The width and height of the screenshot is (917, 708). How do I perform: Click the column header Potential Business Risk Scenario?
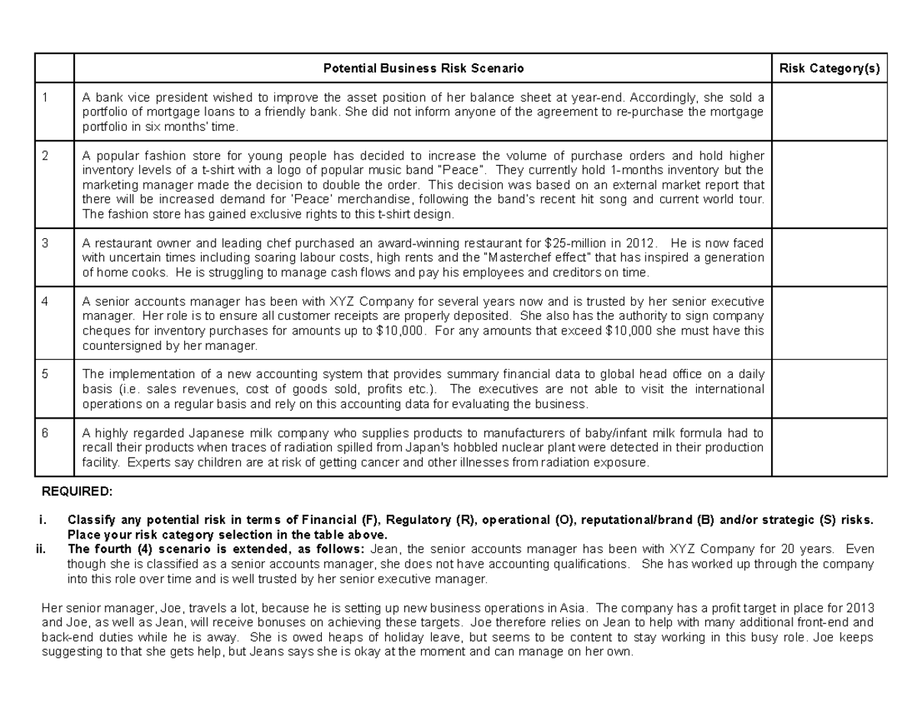coord(423,69)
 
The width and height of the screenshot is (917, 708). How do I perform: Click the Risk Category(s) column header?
coord(829,69)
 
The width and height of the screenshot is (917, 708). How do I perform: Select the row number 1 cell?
coord(46,97)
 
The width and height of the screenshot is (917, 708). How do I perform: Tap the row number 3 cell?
coord(46,243)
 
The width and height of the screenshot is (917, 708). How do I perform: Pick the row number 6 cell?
coord(46,432)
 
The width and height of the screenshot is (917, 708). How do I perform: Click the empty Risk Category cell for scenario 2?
coord(829,184)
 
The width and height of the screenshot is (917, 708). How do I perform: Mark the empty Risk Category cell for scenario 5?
coord(829,389)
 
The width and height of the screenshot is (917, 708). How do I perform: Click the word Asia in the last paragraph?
coord(575,608)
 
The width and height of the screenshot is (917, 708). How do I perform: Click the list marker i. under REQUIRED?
coord(43,520)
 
